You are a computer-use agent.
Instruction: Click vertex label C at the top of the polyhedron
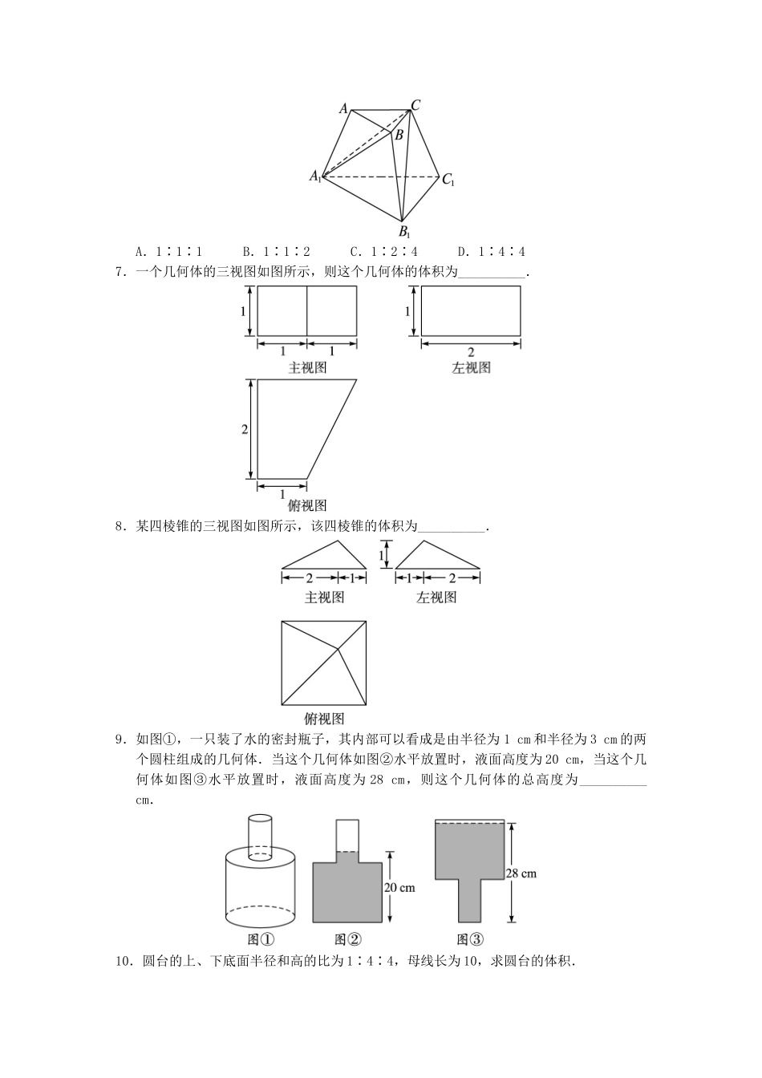416,105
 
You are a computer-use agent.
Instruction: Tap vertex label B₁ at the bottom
405,233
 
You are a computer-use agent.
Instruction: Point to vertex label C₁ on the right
448,180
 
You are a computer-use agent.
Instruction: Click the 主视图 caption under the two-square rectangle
307,367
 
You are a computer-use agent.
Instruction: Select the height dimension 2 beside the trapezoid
245,430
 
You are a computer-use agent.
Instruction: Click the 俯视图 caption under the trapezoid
307,505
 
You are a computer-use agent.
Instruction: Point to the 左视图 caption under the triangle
436,598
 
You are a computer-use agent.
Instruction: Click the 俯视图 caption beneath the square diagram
324,719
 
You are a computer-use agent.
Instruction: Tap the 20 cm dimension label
399,888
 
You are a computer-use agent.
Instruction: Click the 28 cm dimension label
521,873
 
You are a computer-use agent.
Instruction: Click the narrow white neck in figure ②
347,835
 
